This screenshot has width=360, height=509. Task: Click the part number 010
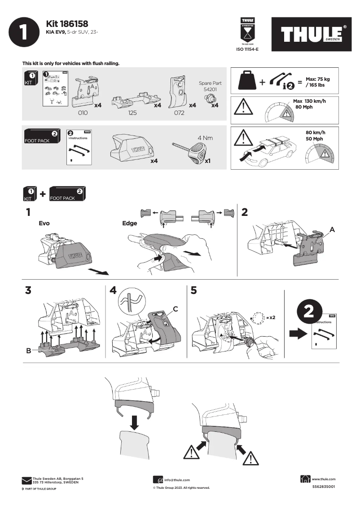[x=83, y=113]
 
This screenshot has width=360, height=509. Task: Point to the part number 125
[x=132, y=113]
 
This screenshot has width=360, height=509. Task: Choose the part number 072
[x=179, y=113]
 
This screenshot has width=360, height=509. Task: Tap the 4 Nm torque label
[x=205, y=137]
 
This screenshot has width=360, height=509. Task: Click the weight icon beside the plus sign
[x=248, y=81]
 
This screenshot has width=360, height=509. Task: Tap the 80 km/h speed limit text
[x=315, y=132]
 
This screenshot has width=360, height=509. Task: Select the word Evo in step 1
[x=44, y=223]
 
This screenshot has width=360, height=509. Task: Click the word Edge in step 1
[x=130, y=223]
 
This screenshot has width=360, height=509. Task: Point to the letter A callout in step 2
[x=332, y=229]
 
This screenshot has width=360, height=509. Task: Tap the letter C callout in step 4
[x=176, y=308]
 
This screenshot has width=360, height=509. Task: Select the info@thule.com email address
[x=177, y=480]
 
